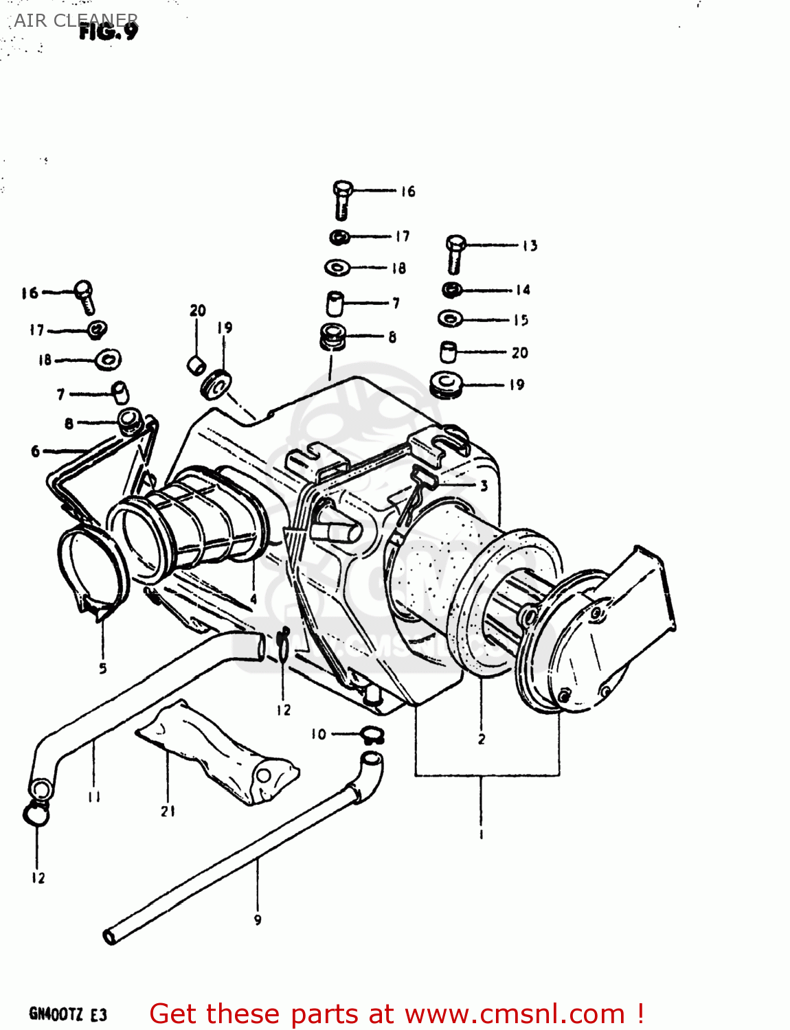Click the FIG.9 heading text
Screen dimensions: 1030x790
[109, 31]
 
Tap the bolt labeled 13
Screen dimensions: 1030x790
[455, 253]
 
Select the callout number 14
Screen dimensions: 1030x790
[523, 290]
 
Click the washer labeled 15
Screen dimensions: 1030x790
[451, 319]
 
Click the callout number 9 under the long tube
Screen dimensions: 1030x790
[258, 920]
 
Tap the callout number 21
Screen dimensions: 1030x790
[168, 812]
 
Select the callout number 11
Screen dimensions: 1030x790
[94, 797]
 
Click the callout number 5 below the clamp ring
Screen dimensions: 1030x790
[102, 668]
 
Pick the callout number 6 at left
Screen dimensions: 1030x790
[35, 451]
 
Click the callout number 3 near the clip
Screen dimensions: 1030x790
[484, 486]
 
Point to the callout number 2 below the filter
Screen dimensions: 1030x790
[482, 739]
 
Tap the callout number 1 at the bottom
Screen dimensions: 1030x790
[481, 834]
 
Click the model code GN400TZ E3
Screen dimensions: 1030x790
[67, 1014]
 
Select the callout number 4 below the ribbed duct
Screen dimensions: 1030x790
[253, 599]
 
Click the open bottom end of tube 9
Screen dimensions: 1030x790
[110, 937]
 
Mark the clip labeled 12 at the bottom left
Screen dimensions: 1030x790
[36, 815]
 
